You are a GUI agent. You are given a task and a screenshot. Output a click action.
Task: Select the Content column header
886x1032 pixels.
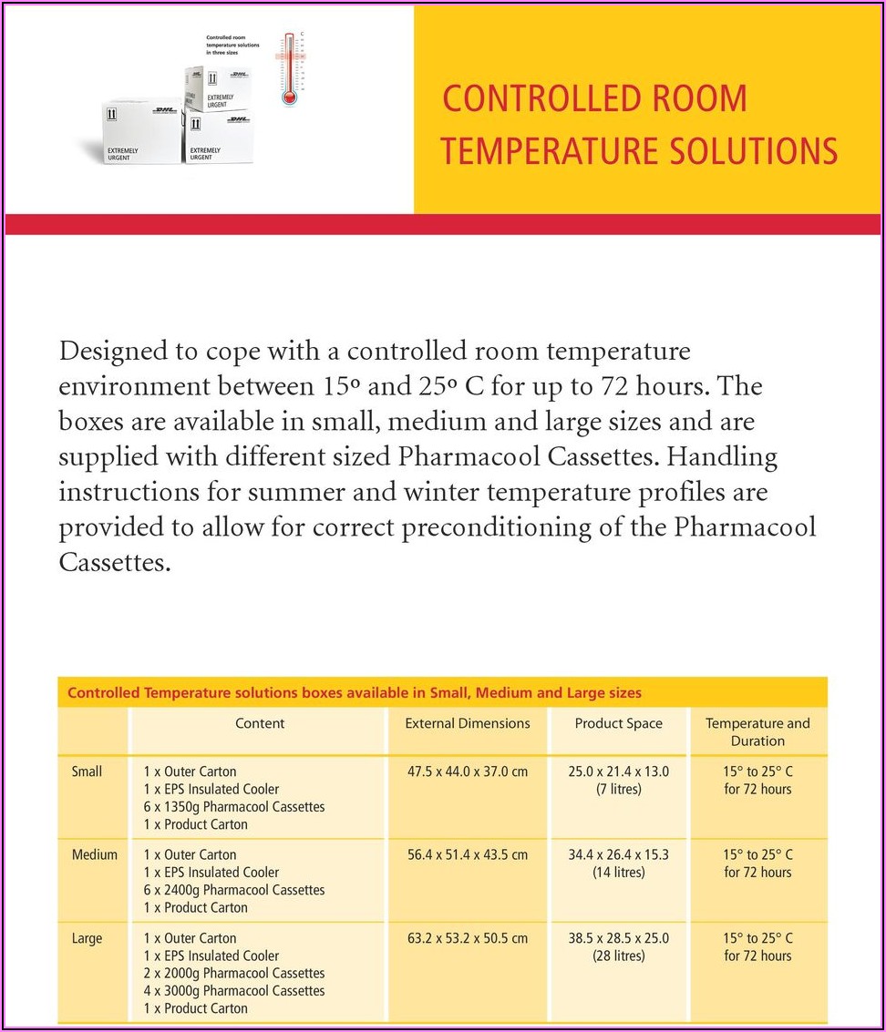click(260, 723)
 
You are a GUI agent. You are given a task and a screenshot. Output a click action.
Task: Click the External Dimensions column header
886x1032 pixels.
click(468, 723)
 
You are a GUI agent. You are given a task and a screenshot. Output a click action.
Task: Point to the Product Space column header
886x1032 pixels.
click(618, 723)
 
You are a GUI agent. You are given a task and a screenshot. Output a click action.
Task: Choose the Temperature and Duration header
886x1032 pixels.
click(757, 732)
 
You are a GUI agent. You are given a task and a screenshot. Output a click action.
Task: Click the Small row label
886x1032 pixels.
click(87, 771)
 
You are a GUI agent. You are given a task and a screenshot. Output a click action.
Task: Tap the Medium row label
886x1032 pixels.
click(95, 854)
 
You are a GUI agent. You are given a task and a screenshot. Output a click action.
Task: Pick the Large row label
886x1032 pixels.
click(88, 938)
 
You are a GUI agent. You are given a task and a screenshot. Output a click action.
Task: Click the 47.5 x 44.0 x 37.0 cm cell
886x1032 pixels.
click(468, 771)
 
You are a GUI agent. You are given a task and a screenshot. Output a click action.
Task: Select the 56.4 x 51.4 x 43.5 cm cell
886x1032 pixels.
click(468, 854)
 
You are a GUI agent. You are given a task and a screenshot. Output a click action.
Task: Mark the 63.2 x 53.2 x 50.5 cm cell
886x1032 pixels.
click(468, 938)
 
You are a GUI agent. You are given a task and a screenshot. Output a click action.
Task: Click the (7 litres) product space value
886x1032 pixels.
click(618, 790)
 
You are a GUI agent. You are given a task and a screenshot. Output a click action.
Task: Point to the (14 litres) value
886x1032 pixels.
click(618, 873)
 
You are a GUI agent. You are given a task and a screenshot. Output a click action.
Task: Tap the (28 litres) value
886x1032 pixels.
click(618, 956)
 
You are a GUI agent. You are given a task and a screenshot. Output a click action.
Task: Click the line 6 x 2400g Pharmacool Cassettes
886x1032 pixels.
click(234, 890)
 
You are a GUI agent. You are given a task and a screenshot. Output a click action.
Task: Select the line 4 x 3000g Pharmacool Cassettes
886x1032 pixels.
click(234, 991)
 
